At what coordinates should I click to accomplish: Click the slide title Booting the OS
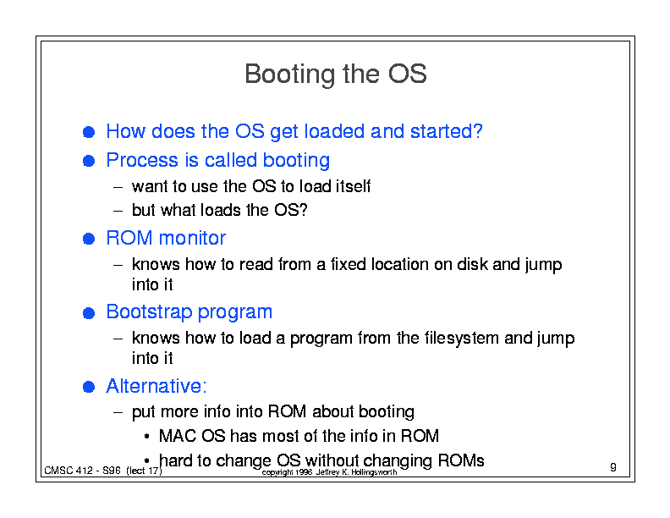(x=336, y=74)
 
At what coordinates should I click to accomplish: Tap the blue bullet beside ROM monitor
(x=89, y=239)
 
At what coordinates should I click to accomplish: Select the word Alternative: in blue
(x=157, y=386)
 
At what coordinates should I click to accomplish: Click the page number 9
(x=613, y=467)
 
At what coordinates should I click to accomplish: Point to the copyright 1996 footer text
(x=329, y=472)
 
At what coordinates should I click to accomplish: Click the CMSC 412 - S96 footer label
(x=103, y=471)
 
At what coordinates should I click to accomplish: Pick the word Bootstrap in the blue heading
(x=149, y=312)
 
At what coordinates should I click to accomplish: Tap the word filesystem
(x=462, y=338)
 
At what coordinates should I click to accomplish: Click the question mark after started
(x=478, y=131)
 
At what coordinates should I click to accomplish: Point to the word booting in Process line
(x=296, y=161)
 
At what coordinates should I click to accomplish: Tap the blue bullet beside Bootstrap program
(x=89, y=313)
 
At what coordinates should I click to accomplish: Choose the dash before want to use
(x=118, y=187)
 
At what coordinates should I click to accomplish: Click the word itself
(x=353, y=186)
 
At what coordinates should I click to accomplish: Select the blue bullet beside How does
(x=89, y=132)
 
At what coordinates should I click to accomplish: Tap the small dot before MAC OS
(x=146, y=437)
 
